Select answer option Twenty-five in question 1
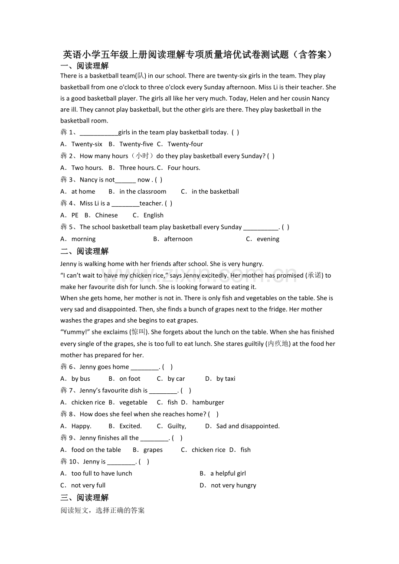pyautogui.click(x=136, y=144)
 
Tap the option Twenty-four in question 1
pyautogui.click(x=185, y=144)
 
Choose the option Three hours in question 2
pyautogui.click(x=137, y=168)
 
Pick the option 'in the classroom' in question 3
pyautogui.click(x=143, y=191)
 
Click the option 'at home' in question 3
pyautogui.click(x=83, y=191)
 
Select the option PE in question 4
pyautogui.click(x=75, y=215)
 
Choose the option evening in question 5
pyautogui.click(x=268, y=239)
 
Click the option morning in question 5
pyautogui.click(x=83, y=239)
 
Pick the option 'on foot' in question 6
pyautogui.click(x=130, y=379)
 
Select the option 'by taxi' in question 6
pyautogui.click(x=226, y=379)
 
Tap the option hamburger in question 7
pyautogui.click(x=208, y=402)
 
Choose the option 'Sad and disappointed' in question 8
pyautogui.click(x=248, y=426)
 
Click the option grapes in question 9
pyautogui.click(x=153, y=450)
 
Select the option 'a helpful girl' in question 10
pyautogui.click(x=228, y=473)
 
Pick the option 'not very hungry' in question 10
pyautogui.click(x=233, y=486)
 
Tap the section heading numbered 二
pyautogui.click(x=85, y=251)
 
